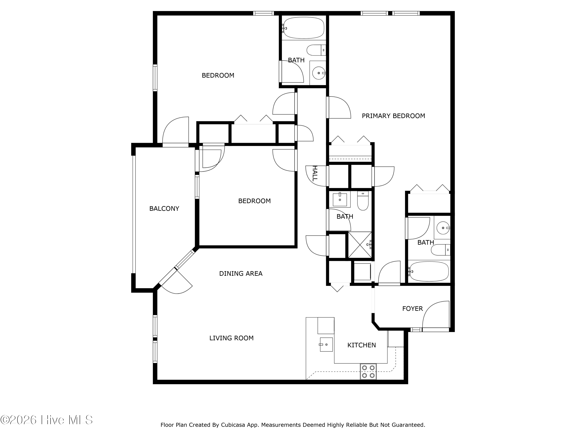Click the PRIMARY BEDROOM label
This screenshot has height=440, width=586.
pos(393,116)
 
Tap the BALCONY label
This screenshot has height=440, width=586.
pos(164,208)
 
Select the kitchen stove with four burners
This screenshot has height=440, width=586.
pos(368,372)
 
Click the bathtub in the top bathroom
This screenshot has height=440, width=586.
pos(304,28)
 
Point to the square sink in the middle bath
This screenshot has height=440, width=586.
pos(340,199)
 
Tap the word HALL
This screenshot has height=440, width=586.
pos(314,173)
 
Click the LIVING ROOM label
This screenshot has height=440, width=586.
pos(231,338)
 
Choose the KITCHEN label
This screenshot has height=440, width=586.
pos(361,345)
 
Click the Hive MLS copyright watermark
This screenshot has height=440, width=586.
pos(46,420)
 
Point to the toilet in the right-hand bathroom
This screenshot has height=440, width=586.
pos(440,250)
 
